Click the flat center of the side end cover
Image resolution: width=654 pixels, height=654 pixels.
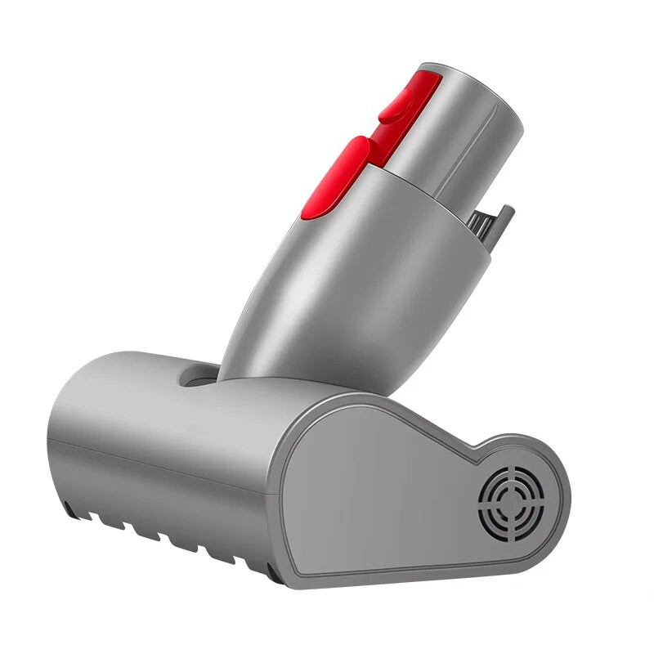(384, 499)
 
